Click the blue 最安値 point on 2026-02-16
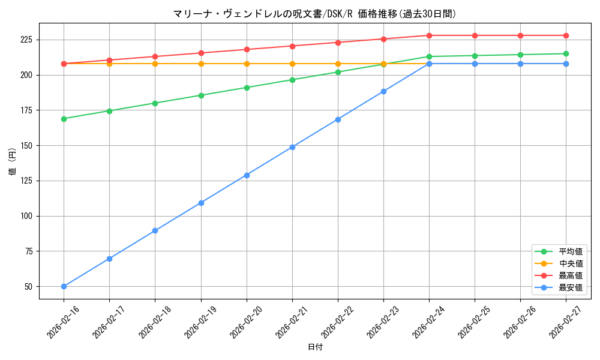(x=64, y=287)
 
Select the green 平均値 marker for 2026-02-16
(x=64, y=119)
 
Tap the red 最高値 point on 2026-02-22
(x=338, y=43)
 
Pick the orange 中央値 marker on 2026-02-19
(x=201, y=64)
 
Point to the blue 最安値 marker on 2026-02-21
(x=292, y=147)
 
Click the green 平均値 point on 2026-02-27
(x=566, y=54)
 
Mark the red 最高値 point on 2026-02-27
(x=566, y=35)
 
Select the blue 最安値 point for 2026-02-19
(x=201, y=203)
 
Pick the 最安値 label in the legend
(x=571, y=287)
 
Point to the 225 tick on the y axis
(x=29, y=40)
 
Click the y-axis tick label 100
(x=29, y=216)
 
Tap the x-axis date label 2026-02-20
(x=245, y=322)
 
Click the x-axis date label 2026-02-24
(x=427, y=322)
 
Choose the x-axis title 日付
(x=316, y=347)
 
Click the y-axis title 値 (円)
(x=13, y=161)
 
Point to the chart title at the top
(x=314, y=14)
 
